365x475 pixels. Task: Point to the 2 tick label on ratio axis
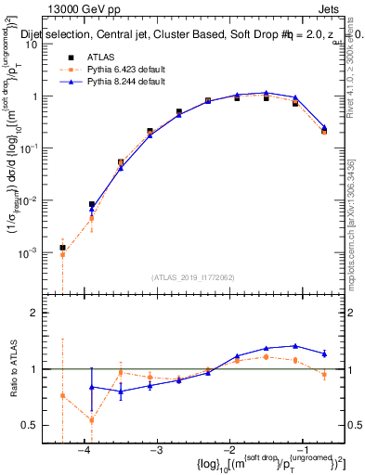[x=43, y=313]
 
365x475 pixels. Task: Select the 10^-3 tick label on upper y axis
[x=35, y=252]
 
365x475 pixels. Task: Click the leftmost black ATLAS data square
[x=62, y=248]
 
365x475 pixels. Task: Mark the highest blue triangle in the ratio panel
[x=295, y=345]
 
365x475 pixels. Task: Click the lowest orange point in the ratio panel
[x=91, y=419]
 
